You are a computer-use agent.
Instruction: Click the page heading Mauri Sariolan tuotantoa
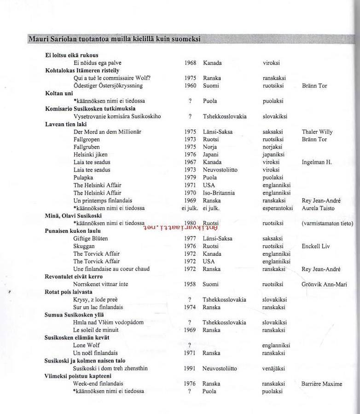coord(114,39)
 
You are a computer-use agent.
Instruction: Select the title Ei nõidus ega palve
coord(98,63)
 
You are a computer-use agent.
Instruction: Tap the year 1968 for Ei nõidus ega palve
coord(190,63)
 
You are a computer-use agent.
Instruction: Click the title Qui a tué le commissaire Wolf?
coord(112,78)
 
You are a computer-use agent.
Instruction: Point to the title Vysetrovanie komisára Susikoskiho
coord(117,116)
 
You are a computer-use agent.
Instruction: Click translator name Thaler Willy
coord(317,132)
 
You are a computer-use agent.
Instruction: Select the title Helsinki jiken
coord(90,155)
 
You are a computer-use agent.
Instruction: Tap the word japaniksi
coord(273,155)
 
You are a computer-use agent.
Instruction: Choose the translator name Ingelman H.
coord(317,162)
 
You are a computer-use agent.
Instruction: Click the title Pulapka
coord(83,177)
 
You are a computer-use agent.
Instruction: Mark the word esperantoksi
coord(278,208)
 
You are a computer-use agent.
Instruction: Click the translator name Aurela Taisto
coord(318,208)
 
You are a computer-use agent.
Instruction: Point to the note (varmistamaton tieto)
coord(327,224)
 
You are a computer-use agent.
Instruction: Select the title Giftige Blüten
coord(91,238)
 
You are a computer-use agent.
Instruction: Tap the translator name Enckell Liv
coord(316,246)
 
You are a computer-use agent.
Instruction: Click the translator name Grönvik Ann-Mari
coord(324,284)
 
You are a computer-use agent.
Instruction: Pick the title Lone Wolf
coord(87,345)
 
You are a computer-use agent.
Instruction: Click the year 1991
coord(190,368)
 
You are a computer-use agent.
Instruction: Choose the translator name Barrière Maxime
coord(322,384)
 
